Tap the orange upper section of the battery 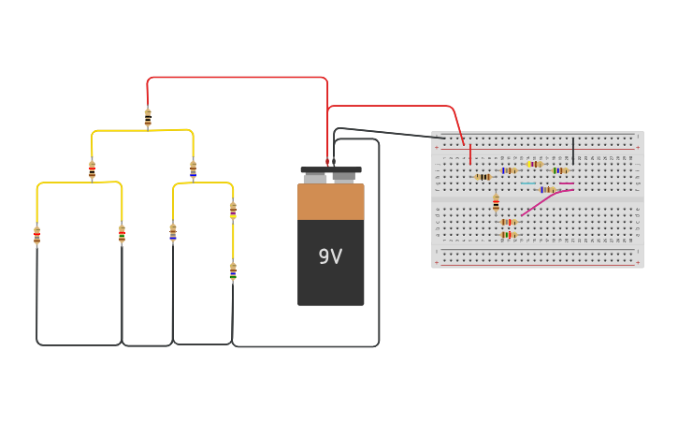coord(330,201)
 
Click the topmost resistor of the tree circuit coord(148,118)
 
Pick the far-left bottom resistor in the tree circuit coord(37,236)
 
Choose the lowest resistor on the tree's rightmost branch coord(233,271)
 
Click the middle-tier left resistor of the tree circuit coord(92,170)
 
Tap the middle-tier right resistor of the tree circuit coord(194,170)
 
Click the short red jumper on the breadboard coord(469,154)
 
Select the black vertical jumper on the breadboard coord(573,151)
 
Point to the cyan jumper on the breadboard coord(529,183)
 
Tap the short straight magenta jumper coord(567,183)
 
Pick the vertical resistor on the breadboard coord(496,203)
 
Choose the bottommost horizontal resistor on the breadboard coord(508,235)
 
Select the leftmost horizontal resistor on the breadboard coord(483,177)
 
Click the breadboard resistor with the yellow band coord(534,164)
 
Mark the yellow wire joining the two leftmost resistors coord(79,183)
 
